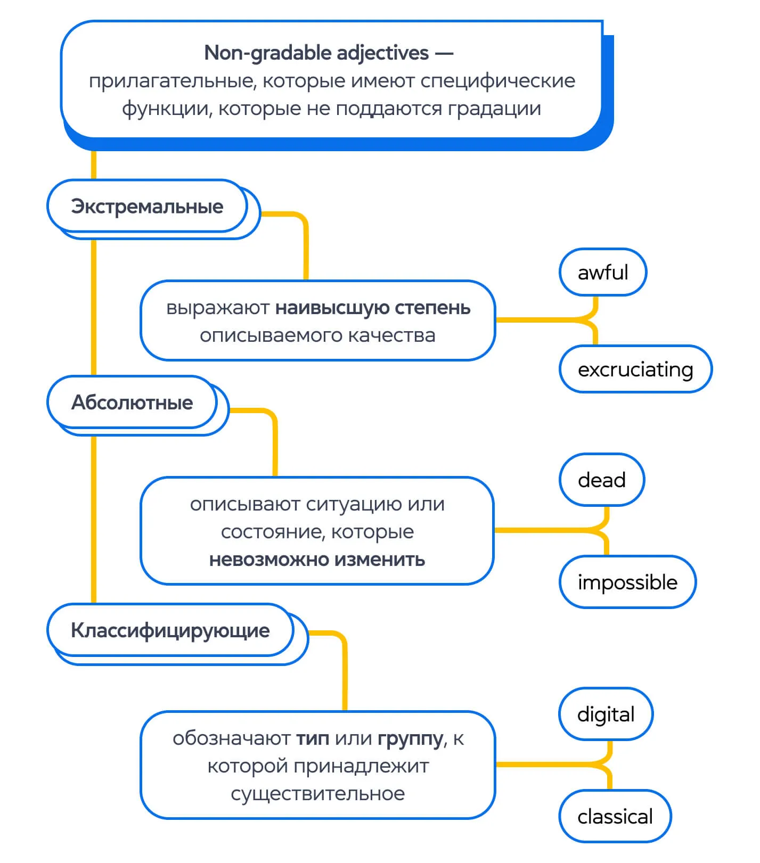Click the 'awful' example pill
[x=602, y=272]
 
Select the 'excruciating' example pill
[x=635, y=369]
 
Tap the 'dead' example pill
[x=601, y=480]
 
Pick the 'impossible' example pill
[x=627, y=582]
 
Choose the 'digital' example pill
[x=606, y=714]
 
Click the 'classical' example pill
[x=615, y=816]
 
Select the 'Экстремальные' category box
[x=147, y=207]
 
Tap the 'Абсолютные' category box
[x=132, y=402]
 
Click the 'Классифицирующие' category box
[x=170, y=630]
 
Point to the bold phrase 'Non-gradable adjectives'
[x=316, y=53]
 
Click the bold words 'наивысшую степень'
[x=373, y=308]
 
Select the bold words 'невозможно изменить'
[x=317, y=560]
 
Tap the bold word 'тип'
[x=312, y=738]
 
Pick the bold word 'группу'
[x=410, y=738]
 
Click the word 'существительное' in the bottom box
[x=317, y=793]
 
